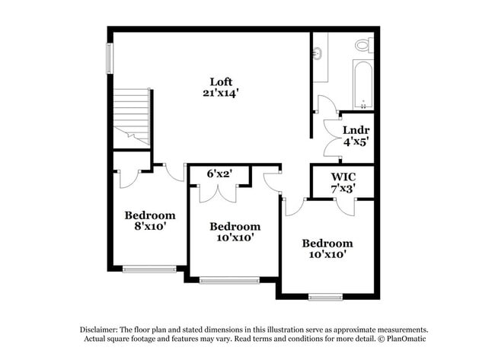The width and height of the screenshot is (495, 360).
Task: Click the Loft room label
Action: [x=222, y=82]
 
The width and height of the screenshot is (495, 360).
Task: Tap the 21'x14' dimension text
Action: [x=222, y=94]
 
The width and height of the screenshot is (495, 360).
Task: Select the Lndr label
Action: [x=351, y=130]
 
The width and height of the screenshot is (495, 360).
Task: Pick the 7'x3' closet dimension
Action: [x=343, y=187]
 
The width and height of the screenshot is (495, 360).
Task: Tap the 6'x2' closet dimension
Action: [x=219, y=174]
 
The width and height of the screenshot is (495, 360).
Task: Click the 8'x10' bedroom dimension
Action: [x=150, y=226]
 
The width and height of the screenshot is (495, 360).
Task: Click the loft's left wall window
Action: [x=110, y=59]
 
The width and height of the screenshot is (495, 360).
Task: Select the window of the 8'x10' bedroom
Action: [x=149, y=269]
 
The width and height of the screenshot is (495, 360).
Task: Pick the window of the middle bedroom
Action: [x=229, y=281]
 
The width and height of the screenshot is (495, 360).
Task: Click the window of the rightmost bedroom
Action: [x=325, y=297]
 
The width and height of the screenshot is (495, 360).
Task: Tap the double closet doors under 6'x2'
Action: [x=218, y=193]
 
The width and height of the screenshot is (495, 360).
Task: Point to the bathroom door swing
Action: [x=327, y=104]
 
